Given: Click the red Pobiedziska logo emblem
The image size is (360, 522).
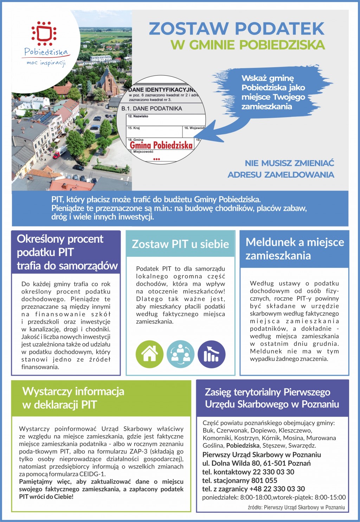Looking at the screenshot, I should click(x=44, y=34).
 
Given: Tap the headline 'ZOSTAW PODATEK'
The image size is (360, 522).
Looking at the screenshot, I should click(x=237, y=29).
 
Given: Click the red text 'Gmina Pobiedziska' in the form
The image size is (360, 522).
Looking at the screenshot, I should click(x=161, y=145).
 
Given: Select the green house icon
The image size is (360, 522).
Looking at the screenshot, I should click(x=149, y=354).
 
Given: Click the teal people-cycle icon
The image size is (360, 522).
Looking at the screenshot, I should click(x=180, y=354).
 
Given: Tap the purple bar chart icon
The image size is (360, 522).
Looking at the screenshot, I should click(x=211, y=354).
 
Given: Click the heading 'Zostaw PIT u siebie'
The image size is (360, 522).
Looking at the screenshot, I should click(x=180, y=244).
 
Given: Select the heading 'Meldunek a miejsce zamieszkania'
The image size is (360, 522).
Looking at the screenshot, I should click(x=295, y=249).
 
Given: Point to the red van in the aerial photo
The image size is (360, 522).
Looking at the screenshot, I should click(x=59, y=152).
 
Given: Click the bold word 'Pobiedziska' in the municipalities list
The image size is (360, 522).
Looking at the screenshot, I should click(x=243, y=445).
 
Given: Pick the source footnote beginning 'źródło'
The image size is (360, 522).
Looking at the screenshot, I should click(x=296, y=507).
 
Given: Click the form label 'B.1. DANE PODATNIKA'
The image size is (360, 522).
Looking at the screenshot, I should click(x=152, y=108).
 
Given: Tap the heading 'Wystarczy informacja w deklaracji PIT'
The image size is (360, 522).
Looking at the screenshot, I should click(x=73, y=398).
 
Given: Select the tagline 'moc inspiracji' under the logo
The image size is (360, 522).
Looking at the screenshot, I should click(x=46, y=63).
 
